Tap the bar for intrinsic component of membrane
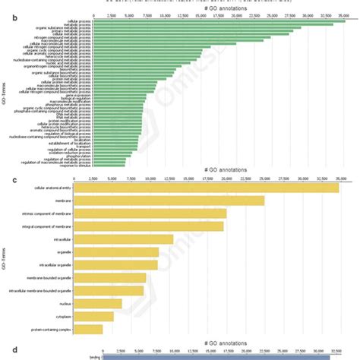click(153, 213)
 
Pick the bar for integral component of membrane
click(151, 226)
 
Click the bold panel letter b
click(6, 13)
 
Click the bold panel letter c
click(6, 179)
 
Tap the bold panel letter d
click(6, 349)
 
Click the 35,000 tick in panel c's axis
click(339, 178)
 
